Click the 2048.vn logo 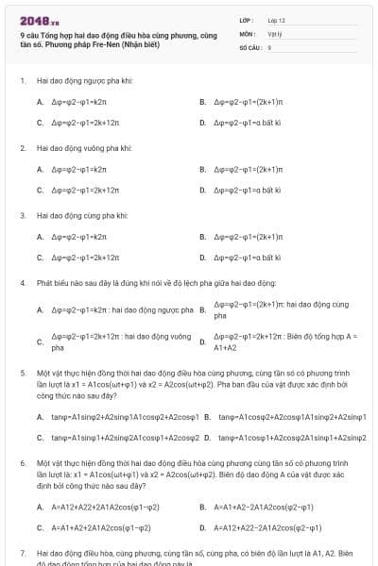[40, 20]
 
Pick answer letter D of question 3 [202, 257]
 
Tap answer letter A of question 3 [40, 236]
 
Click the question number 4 [22, 283]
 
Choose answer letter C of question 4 [40, 341]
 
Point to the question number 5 [22, 374]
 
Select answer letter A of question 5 [40, 416]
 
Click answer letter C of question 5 [40, 438]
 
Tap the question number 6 [22, 464]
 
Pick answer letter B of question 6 [202, 507]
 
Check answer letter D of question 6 [202, 527]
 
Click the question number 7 [22, 553]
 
